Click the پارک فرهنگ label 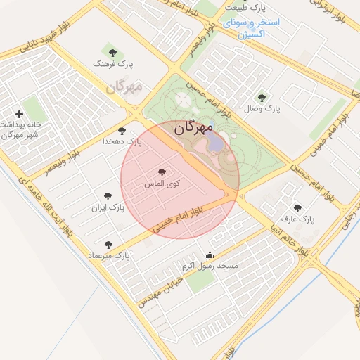tap(112, 64)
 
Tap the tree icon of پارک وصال tap(262, 98)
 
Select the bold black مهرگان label tap(193, 129)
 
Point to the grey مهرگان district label tap(124, 87)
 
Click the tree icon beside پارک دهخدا tap(122, 131)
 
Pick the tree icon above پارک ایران tap(108, 197)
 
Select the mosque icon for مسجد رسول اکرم tap(210, 255)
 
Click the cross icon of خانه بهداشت tap(19, 114)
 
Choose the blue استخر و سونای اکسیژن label tap(252, 27)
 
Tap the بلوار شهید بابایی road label tap(26, 48)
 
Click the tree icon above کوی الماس tap(162, 172)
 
